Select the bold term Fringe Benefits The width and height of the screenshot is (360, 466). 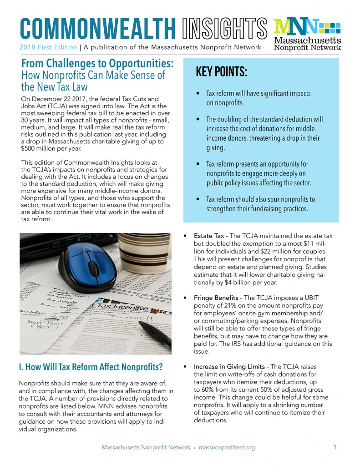click(x=214, y=298)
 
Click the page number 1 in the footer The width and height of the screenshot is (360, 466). click(x=335, y=447)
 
